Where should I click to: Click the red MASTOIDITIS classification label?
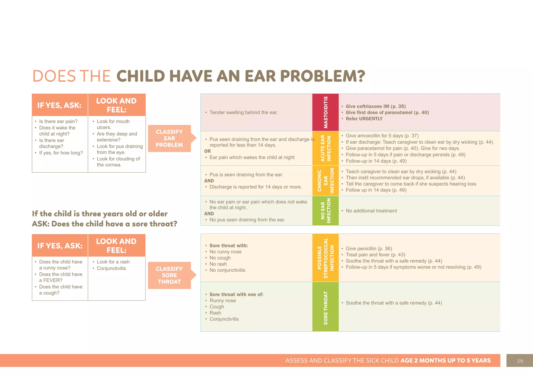click(x=325, y=112)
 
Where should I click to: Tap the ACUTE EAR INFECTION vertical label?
click(x=325, y=148)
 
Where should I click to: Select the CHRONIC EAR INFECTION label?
click(x=325, y=180)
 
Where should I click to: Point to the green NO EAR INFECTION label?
click(x=325, y=211)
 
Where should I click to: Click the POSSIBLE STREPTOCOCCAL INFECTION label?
click(x=325, y=258)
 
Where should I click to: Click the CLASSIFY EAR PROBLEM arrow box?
click(x=169, y=138)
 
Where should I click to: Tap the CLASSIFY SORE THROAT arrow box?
click(x=169, y=275)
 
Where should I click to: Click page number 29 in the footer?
click(x=520, y=361)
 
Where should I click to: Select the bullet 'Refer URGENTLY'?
click(x=364, y=119)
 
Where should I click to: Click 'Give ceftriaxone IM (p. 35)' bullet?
click(x=376, y=106)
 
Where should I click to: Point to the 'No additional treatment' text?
click(x=371, y=211)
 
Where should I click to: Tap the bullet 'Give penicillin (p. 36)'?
click(x=369, y=248)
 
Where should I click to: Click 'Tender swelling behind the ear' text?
click(x=243, y=112)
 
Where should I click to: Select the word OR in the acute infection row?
click(x=207, y=151)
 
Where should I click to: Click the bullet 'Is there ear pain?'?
click(x=58, y=121)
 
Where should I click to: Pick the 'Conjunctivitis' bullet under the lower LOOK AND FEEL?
click(x=111, y=268)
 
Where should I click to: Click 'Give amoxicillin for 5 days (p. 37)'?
click(x=382, y=136)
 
